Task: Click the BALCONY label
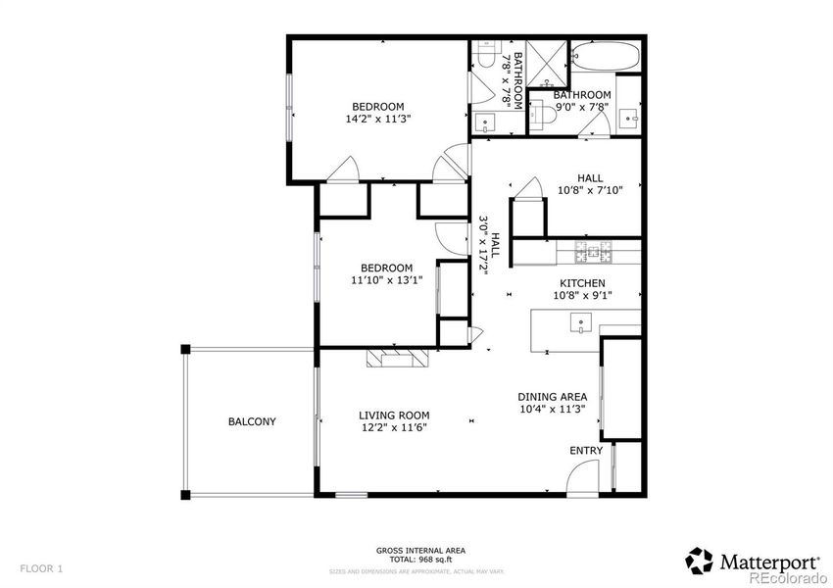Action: pos(252,422)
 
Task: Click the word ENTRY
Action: pos(587,451)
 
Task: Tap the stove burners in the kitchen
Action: pos(596,254)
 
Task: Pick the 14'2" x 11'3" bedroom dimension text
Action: pos(378,119)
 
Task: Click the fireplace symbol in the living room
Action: pos(398,358)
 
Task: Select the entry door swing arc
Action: pos(581,476)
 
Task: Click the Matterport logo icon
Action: pos(699,561)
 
